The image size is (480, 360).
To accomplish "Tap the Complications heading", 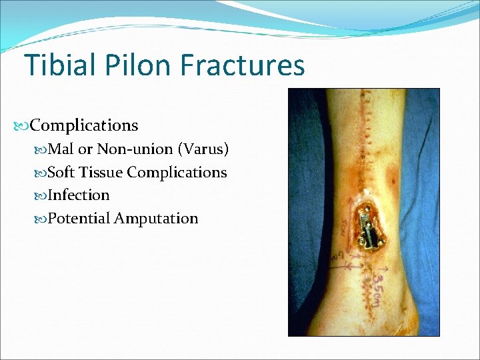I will coord(84,125).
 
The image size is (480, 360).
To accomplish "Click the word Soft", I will coord(61,172).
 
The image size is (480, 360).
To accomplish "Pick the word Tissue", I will coord(100,172).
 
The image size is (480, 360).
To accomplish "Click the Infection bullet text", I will coord(79,195).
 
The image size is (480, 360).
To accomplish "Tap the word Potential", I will coord(79,219).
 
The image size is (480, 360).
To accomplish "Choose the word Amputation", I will coord(156,219).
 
